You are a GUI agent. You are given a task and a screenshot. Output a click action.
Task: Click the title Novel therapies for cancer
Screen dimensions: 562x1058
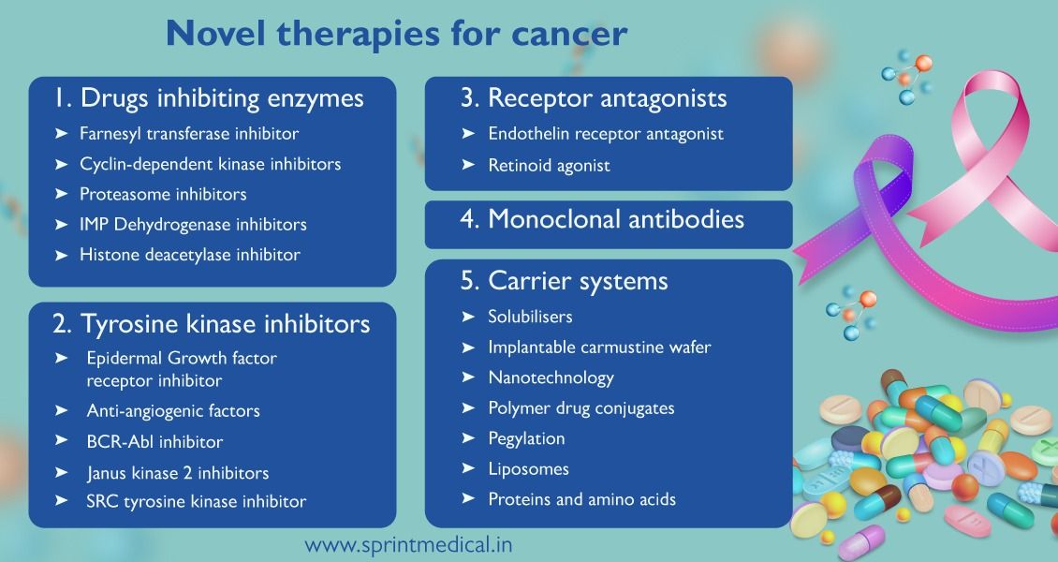click(396, 34)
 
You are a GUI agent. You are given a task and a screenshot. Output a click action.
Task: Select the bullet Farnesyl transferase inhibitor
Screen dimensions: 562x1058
click(189, 134)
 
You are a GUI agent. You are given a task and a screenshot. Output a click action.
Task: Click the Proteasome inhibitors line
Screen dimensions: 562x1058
click(163, 194)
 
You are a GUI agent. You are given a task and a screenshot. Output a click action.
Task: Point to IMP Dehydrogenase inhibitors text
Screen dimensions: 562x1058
click(193, 224)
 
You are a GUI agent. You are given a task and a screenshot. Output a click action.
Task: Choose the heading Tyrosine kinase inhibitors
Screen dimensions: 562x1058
click(211, 324)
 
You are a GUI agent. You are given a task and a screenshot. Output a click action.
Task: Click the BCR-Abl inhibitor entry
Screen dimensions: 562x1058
click(154, 441)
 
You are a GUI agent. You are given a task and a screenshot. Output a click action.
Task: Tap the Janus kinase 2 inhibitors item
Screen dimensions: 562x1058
click(177, 472)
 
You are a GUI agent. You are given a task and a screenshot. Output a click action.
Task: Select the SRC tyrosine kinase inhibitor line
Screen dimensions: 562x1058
click(196, 502)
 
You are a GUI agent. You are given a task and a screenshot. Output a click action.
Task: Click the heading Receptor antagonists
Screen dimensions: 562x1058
click(607, 98)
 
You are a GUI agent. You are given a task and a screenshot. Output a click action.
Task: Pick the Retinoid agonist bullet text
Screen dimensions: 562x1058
click(549, 165)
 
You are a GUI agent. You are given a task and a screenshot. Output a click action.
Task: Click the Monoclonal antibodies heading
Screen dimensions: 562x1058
click(615, 219)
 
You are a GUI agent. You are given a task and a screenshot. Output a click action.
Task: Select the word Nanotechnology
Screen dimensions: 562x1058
click(551, 377)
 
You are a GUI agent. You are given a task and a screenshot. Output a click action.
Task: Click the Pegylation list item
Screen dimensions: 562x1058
click(526, 438)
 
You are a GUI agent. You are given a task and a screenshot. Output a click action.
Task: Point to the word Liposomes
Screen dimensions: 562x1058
click(528, 468)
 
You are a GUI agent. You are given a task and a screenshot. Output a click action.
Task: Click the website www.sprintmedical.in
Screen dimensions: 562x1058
click(408, 544)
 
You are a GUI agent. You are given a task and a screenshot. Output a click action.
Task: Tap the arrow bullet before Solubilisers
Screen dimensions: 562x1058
click(468, 318)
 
